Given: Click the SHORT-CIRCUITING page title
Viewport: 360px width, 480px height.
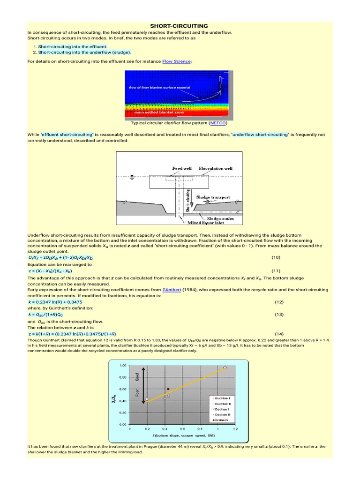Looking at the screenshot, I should click(179, 25).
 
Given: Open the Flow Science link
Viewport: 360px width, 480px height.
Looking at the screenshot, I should click(177, 61).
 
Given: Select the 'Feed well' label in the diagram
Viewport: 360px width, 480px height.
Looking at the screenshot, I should click(181, 168).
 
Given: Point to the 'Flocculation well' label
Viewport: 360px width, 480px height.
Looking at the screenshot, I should click(215, 168).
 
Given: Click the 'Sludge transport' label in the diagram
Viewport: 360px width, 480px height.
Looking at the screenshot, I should click(213, 197).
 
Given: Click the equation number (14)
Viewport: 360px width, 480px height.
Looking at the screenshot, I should click(280, 334).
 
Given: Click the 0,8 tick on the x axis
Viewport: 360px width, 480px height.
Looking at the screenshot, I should click(200, 428).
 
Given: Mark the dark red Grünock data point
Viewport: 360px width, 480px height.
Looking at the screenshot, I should click(168, 389).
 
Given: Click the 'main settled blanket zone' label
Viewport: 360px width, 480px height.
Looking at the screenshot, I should click(158, 112).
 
